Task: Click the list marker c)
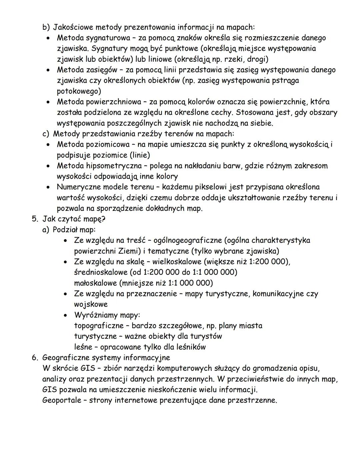pyautogui.click(x=46, y=134)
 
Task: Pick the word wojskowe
pyautogui.click(x=91, y=304)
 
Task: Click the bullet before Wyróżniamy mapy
pyautogui.click(x=68, y=315)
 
